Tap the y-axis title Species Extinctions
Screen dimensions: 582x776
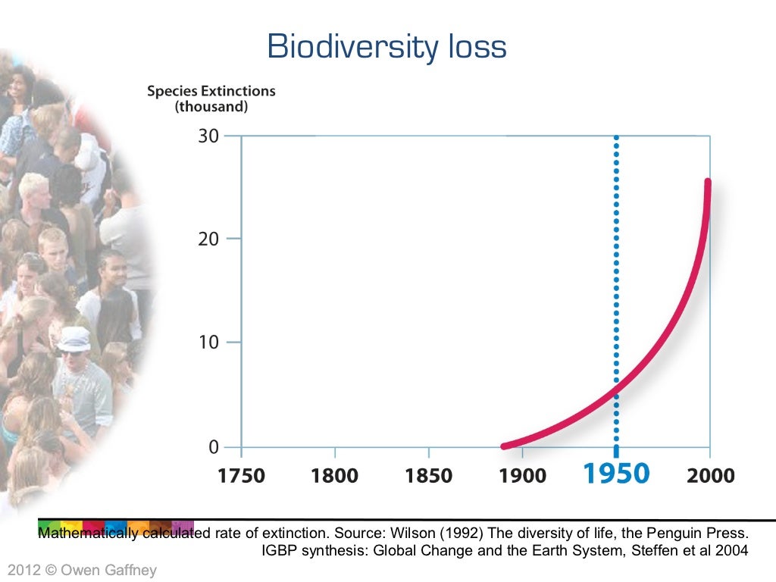click(x=211, y=91)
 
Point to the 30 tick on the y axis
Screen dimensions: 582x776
click(x=208, y=136)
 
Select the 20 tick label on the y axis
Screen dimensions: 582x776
click(x=208, y=239)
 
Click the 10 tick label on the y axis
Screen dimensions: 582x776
click(x=208, y=342)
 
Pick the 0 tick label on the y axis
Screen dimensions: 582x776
click(x=214, y=447)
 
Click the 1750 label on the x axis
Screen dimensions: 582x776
click(x=241, y=476)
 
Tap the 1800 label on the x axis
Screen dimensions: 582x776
click(x=335, y=476)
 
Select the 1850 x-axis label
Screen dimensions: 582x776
click(x=429, y=476)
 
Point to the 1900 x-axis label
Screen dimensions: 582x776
click(x=523, y=476)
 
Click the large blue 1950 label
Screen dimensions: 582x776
click(x=616, y=474)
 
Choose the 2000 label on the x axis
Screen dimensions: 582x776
click(x=710, y=476)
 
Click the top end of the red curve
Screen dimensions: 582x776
click(x=708, y=182)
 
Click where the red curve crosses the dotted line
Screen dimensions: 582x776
click(x=616, y=389)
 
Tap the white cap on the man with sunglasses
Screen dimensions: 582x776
click(x=74, y=336)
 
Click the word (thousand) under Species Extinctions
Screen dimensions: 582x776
click(x=211, y=108)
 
